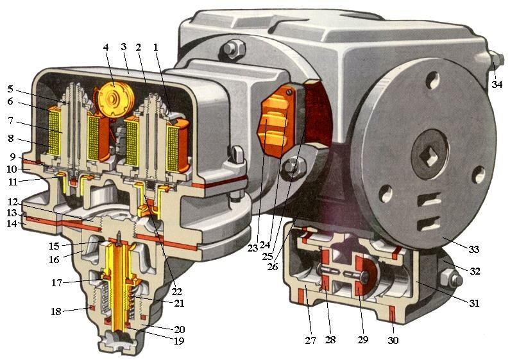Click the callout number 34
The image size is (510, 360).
pyautogui.click(x=497, y=85)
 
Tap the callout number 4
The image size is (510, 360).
pyautogui.click(x=105, y=47)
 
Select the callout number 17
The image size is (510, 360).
pyautogui.click(x=56, y=282)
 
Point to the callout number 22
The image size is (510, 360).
pyautogui.click(x=177, y=291)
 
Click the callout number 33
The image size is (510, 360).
pyautogui.click(x=474, y=250)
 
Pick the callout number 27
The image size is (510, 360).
pyautogui.click(x=310, y=340)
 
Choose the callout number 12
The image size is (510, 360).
pyautogui.click(x=12, y=202)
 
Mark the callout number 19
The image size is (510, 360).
pyautogui.click(x=179, y=341)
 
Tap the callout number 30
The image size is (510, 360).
pyautogui.click(x=393, y=340)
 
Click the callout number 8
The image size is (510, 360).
pyautogui.click(x=11, y=138)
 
